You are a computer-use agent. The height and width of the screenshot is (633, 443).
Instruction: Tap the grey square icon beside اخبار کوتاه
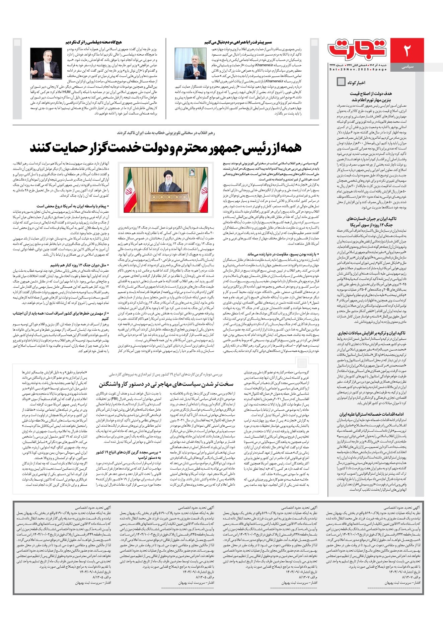(341, 81)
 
